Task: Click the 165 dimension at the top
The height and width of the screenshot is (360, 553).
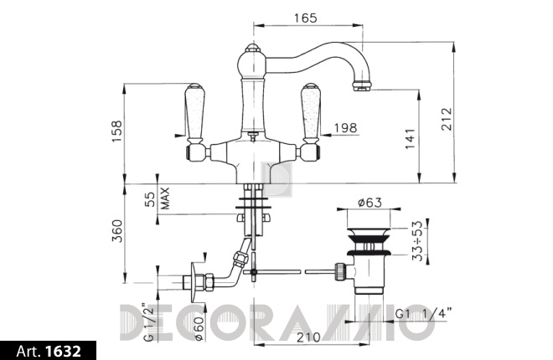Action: coord(306,18)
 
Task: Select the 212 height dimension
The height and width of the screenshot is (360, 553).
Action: coord(447,119)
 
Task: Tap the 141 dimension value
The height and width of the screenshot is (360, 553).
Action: coord(410,139)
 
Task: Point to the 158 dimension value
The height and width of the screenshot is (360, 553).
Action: coord(116,131)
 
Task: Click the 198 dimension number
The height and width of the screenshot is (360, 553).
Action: coord(345,128)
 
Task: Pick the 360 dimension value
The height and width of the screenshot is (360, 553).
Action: coord(116,231)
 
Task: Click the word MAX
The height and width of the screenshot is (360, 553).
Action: coord(165,198)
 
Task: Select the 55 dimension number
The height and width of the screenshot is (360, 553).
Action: coord(151,199)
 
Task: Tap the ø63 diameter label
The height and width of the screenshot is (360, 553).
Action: coord(370,203)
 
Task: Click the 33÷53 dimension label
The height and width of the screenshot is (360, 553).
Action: coord(417,240)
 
